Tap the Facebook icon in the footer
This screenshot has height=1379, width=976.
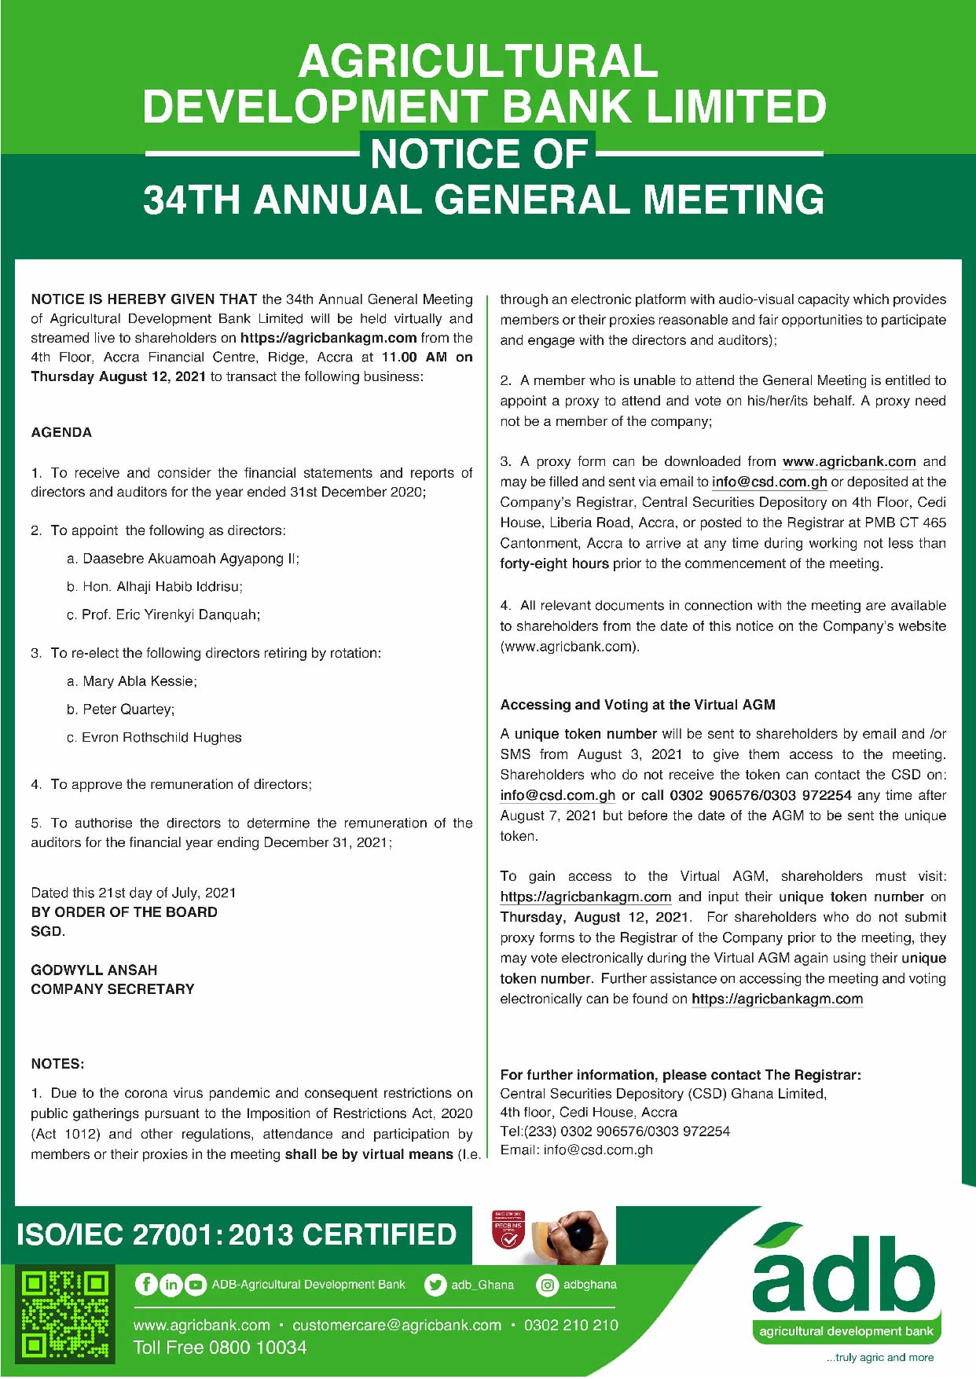pyautogui.click(x=146, y=1284)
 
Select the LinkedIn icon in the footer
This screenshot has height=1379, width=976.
pyautogui.click(x=171, y=1285)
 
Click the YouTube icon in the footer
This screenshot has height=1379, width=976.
pyautogui.click(x=195, y=1285)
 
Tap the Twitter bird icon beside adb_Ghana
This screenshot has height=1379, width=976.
pyautogui.click(x=435, y=1285)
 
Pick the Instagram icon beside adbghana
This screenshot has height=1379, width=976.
pyautogui.click(x=547, y=1285)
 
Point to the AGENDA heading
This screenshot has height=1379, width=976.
pyautogui.click(x=61, y=432)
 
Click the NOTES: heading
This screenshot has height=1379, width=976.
pyautogui.click(x=57, y=1064)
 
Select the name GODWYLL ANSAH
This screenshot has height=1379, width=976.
pyautogui.click(x=94, y=970)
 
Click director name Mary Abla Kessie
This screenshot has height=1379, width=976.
pyautogui.click(x=140, y=681)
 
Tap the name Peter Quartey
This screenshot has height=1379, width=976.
pyautogui.click(x=128, y=710)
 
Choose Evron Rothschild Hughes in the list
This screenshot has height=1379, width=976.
pyautogui.click(x=161, y=738)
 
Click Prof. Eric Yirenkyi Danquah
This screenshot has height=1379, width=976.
pyautogui.click(x=171, y=614)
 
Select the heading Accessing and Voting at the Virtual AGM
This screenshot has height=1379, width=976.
pyautogui.click(x=637, y=705)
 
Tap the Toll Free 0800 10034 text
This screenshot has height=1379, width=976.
pyautogui.click(x=220, y=1348)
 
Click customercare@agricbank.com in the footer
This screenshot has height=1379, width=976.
pyautogui.click(x=397, y=1326)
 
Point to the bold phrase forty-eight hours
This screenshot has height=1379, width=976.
pyautogui.click(x=554, y=563)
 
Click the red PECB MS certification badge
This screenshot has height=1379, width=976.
pyautogui.click(x=508, y=1233)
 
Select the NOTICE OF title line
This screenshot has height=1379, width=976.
pyautogui.click(x=479, y=153)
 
